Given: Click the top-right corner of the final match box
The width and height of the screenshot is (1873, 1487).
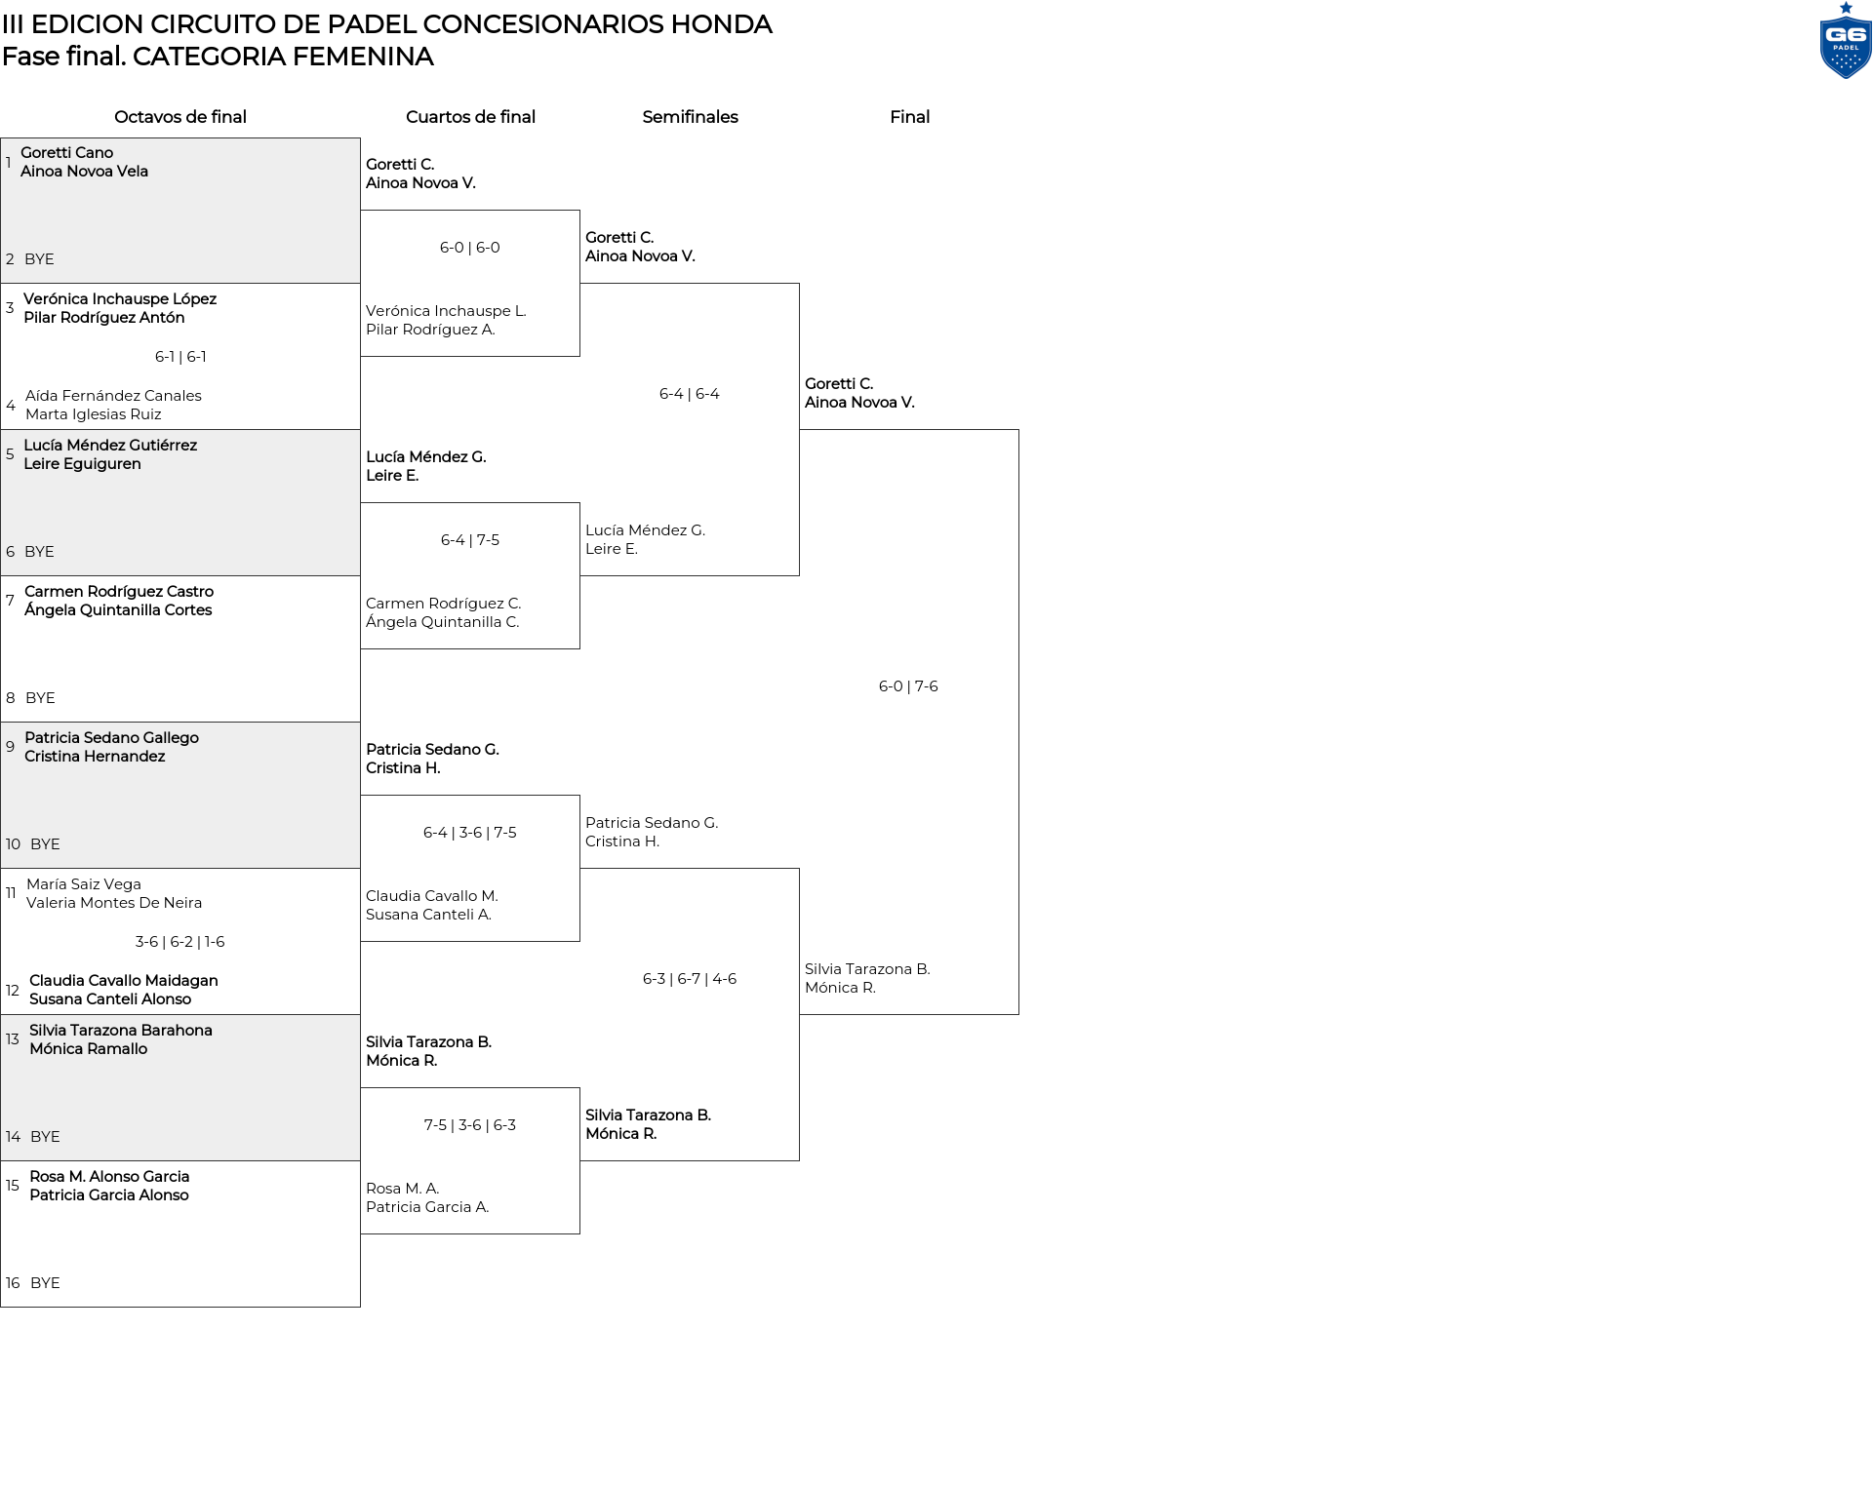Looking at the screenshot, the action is coord(1018,430).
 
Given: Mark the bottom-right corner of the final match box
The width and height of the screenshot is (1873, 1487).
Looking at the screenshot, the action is coord(1018,1014).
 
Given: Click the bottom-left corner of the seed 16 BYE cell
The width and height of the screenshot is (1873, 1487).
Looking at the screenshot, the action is coord(1,1307).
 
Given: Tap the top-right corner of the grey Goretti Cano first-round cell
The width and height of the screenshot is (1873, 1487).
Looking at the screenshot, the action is coord(360,137).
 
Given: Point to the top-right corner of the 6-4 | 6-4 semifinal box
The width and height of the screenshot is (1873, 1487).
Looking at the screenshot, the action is coord(799,284).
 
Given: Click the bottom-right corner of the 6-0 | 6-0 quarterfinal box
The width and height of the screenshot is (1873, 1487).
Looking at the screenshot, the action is coord(579,356).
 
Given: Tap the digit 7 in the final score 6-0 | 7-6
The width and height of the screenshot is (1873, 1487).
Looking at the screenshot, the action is coord(919,686).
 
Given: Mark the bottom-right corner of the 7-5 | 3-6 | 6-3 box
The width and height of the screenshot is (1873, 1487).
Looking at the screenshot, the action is coord(579,1233).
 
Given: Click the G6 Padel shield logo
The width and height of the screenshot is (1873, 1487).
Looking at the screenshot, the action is coord(1846,47).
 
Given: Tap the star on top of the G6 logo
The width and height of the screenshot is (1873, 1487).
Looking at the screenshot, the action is coord(1846,8).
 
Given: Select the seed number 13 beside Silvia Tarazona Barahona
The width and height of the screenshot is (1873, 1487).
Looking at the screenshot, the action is coord(13,1039).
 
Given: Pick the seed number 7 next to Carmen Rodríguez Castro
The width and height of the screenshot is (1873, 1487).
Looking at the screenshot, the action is coord(10,601).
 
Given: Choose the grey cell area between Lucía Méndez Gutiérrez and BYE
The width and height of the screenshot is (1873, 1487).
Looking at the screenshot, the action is coord(180,507).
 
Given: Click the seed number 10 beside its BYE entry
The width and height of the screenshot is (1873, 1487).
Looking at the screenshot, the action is coord(13,844).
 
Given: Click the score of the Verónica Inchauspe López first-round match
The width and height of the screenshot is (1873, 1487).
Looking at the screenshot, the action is coord(180,357).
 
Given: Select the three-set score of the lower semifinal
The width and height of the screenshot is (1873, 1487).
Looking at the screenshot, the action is coord(690,979).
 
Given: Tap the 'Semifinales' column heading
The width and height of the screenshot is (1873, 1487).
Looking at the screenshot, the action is coord(690,117).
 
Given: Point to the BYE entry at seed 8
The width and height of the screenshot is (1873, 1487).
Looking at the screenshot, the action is coord(40,698).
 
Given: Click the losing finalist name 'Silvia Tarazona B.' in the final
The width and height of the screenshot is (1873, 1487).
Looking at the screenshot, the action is coord(867,969).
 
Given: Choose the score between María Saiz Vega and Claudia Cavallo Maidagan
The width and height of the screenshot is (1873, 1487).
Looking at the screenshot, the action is coord(180,942).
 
